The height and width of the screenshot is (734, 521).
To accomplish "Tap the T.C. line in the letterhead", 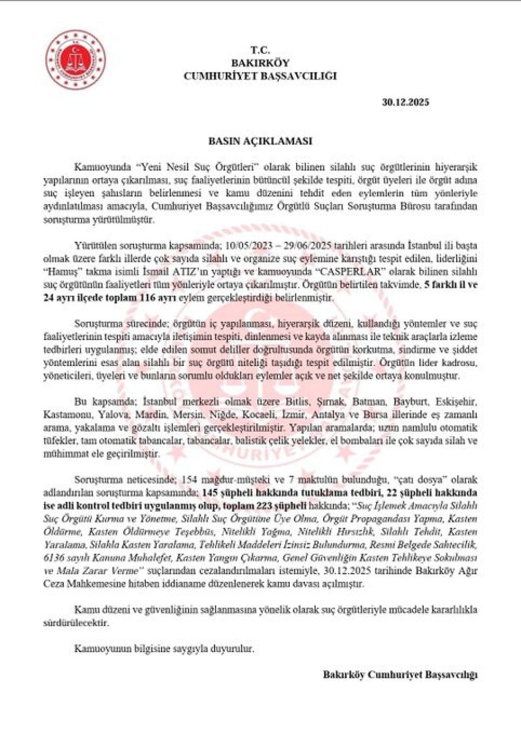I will click(x=260, y=50).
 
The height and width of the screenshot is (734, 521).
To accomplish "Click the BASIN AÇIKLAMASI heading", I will click(x=260, y=141).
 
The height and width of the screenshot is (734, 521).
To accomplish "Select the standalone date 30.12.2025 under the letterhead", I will click(x=406, y=102).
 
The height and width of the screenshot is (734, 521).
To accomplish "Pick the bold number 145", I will click(x=209, y=493).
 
